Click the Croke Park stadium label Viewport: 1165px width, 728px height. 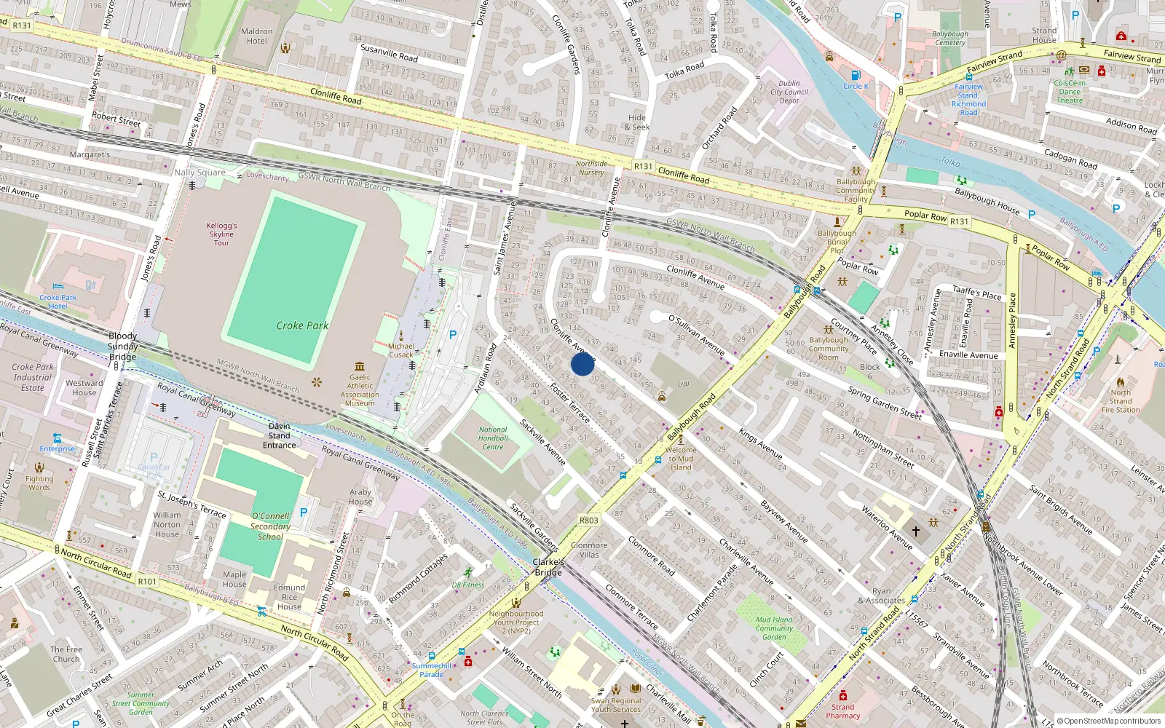tap(302, 325)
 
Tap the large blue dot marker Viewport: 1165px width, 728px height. tap(582, 364)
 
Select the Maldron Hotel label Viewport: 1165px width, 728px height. tap(256, 36)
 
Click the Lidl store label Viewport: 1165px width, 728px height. tap(683, 384)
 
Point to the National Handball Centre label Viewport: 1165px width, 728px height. tap(493, 438)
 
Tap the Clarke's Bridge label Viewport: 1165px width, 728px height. tap(548, 567)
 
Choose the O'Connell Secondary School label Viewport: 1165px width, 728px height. tap(270, 526)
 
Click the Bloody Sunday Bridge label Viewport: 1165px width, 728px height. tap(122, 347)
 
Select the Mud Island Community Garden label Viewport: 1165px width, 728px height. tap(774, 628)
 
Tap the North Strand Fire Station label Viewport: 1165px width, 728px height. tap(1121, 401)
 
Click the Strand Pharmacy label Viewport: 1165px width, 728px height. tap(842, 711)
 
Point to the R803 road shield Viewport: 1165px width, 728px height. tap(588, 520)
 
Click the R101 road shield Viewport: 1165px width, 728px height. tap(147, 582)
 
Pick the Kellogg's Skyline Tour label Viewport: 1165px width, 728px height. tap(221, 234)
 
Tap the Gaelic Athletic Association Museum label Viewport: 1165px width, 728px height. tap(360, 390)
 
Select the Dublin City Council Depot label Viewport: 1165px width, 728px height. tap(789, 92)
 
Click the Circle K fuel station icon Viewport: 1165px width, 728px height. tap(856, 75)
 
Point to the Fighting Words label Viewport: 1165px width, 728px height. tap(39, 483)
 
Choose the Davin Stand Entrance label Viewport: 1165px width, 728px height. tap(279, 435)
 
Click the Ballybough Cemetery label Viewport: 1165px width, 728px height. tap(949, 38)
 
